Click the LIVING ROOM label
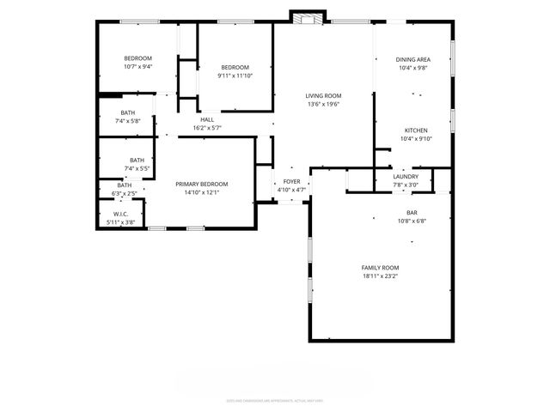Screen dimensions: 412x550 click(x=324, y=95)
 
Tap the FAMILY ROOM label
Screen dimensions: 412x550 click(x=380, y=268)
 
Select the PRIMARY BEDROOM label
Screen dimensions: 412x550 click(x=202, y=184)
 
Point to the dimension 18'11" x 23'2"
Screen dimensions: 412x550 click(x=380, y=277)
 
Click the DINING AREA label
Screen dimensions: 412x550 click(x=412, y=59)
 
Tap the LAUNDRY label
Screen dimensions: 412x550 click(x=406, y=177)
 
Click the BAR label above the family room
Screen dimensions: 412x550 click(x=412, y=211)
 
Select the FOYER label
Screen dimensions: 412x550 click(x=292, y=181)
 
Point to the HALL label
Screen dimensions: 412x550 click(x=207, y=119)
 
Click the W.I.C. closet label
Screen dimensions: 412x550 click(x=120, y=215)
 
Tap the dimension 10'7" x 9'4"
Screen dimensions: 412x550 click(x=137, y=67)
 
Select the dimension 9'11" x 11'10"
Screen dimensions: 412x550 click(x=235, y=76)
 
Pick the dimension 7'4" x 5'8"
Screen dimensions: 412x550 click(x=127, y=121)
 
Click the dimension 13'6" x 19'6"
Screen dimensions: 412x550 click(x=324, y=104)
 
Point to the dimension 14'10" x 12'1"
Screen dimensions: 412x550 click(x=202, y=192)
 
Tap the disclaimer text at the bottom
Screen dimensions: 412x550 click(x=274, y=399)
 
